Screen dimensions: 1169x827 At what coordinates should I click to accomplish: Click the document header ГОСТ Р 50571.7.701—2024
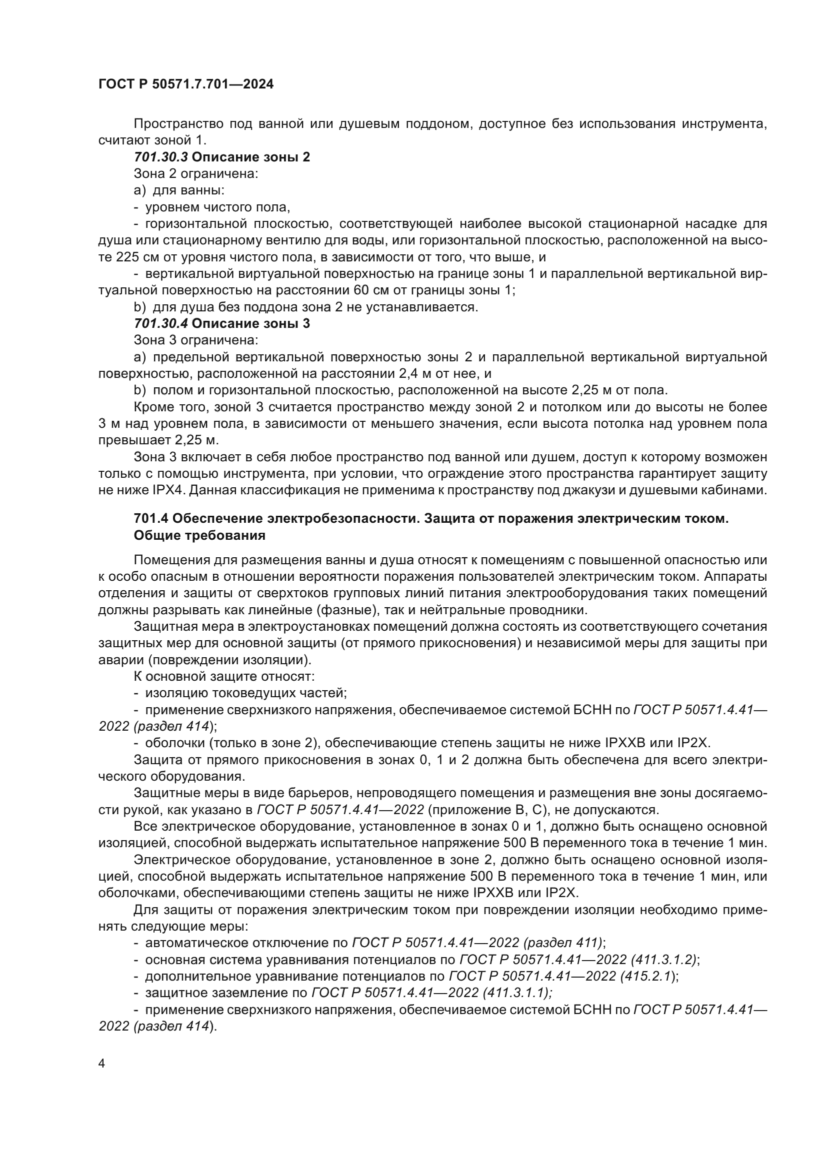coord(186,84)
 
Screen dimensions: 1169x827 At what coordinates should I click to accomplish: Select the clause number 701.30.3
coord(160,157)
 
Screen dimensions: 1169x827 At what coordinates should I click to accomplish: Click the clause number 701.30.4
coord(160,323)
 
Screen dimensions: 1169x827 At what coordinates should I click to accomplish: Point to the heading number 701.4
coord(150,518)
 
